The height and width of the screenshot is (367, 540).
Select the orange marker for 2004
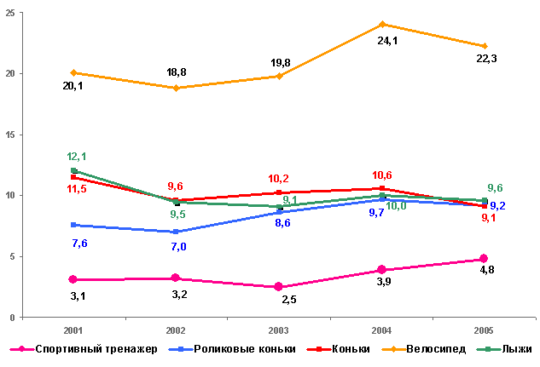[x=381, y=24]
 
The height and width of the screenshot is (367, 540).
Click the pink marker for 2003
[x=278, y=287]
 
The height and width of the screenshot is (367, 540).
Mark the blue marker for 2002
[x=176, y=232]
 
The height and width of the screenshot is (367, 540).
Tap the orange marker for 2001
[x=73, y=72]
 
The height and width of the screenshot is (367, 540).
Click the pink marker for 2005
[x=484, y=259]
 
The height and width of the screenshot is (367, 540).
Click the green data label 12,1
[x=77, y=157]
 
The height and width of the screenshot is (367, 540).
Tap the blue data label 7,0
[x=177, y=247]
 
